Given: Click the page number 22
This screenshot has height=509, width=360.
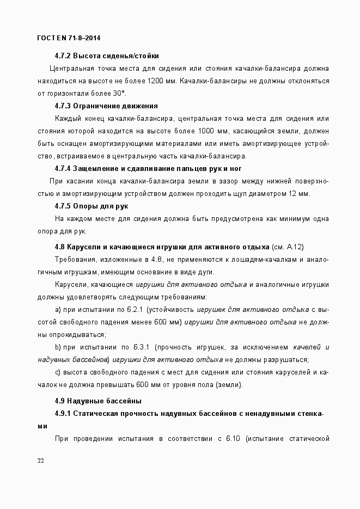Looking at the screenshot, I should point(41,461).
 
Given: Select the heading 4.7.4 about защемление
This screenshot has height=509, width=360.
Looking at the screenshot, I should point(148,168).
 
